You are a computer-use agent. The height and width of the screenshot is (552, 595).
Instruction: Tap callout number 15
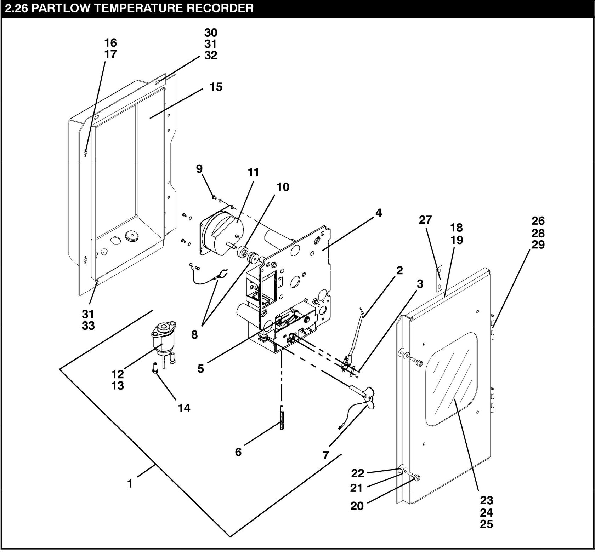click(x=216, y=87)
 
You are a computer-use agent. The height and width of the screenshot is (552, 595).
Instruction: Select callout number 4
click(x=379, y=213)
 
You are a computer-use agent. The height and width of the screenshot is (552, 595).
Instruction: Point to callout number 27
click(x=425, y=220)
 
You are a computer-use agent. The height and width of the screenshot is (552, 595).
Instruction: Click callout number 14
click(x=184, y=408)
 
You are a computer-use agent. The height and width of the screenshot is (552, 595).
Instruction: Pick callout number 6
click(x=238, y=452)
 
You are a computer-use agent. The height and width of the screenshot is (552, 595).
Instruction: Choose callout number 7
click(x=326, y=455)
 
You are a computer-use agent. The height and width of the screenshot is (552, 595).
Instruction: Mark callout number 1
click(x=130, y=483)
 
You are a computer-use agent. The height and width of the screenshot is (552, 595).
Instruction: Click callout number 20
click(x=357, y=506)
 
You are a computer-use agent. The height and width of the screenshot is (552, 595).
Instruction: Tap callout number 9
click(x=199, y=169)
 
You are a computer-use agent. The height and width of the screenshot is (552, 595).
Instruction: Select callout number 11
click(x=254, y=172)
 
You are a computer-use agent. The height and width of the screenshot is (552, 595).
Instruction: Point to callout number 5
click(x=201, y=369)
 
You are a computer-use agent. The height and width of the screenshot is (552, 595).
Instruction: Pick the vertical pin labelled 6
click(x=282, y=418)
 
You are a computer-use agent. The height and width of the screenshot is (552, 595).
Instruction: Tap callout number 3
click(x=420, y=284)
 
